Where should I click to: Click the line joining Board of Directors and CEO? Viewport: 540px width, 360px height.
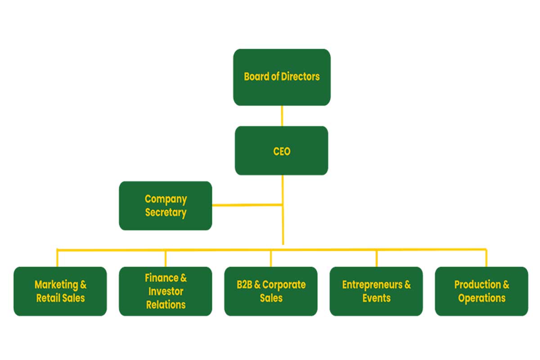point(282,116)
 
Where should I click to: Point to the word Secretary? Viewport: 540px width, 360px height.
point(166,212)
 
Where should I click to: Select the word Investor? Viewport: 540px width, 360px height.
point(166,291)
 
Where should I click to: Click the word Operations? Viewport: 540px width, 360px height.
point(481,298)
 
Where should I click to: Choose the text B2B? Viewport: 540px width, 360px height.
point(243,285)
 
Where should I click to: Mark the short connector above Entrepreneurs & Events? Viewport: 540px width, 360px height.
point(377,258)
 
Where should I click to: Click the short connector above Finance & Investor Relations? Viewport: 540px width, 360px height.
point(166,258)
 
